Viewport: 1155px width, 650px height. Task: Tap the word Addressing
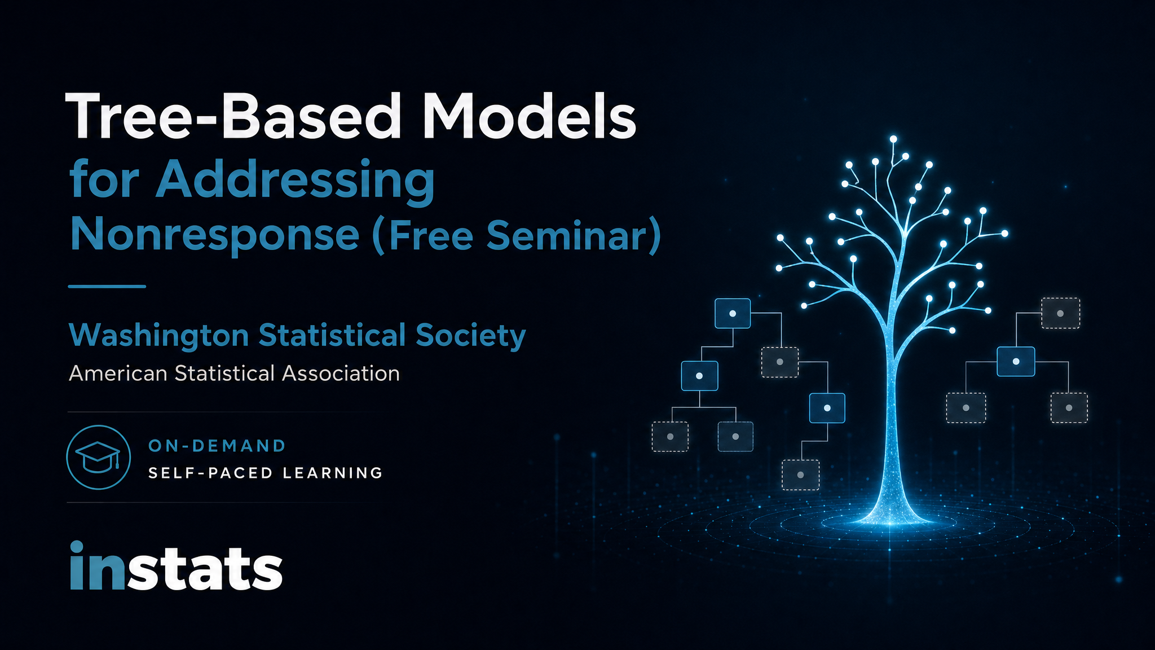pos(295,180)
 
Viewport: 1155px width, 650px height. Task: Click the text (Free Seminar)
pos(517,235)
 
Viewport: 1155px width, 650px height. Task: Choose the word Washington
pos(159,335)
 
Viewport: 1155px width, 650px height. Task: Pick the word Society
pos(471,336)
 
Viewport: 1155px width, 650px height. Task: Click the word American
pos(118,374)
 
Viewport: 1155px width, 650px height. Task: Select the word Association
pos(341,374)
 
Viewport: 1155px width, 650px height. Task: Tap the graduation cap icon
pos(99,457)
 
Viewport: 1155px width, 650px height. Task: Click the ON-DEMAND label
pos(217,446)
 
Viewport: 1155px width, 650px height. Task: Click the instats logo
pos(176,566)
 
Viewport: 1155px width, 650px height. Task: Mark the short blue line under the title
pos(107,287)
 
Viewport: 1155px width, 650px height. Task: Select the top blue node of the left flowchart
pos(733,313)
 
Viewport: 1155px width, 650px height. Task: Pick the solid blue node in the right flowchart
pos(1016,361)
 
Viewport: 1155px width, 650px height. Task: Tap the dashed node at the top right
pos(1060,313)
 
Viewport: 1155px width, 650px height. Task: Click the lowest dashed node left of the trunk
pos(800,475)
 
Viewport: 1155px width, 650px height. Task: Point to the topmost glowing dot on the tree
pos(893,139)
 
